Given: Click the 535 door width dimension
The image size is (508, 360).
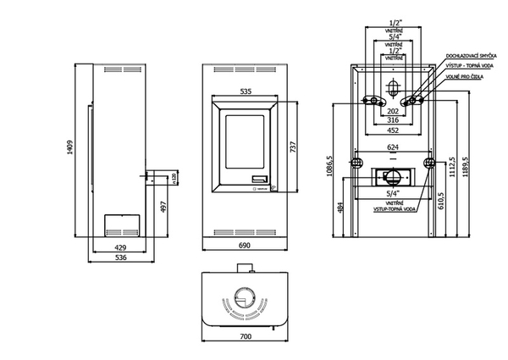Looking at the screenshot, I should click(246, 90).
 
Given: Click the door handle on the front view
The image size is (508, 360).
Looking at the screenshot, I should click(258, 178).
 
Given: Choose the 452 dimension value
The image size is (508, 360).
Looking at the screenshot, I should click(392, 130).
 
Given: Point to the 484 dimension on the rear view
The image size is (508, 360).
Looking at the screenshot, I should click(340, 207).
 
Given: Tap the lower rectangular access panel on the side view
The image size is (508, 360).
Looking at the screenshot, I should click(121, 226).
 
